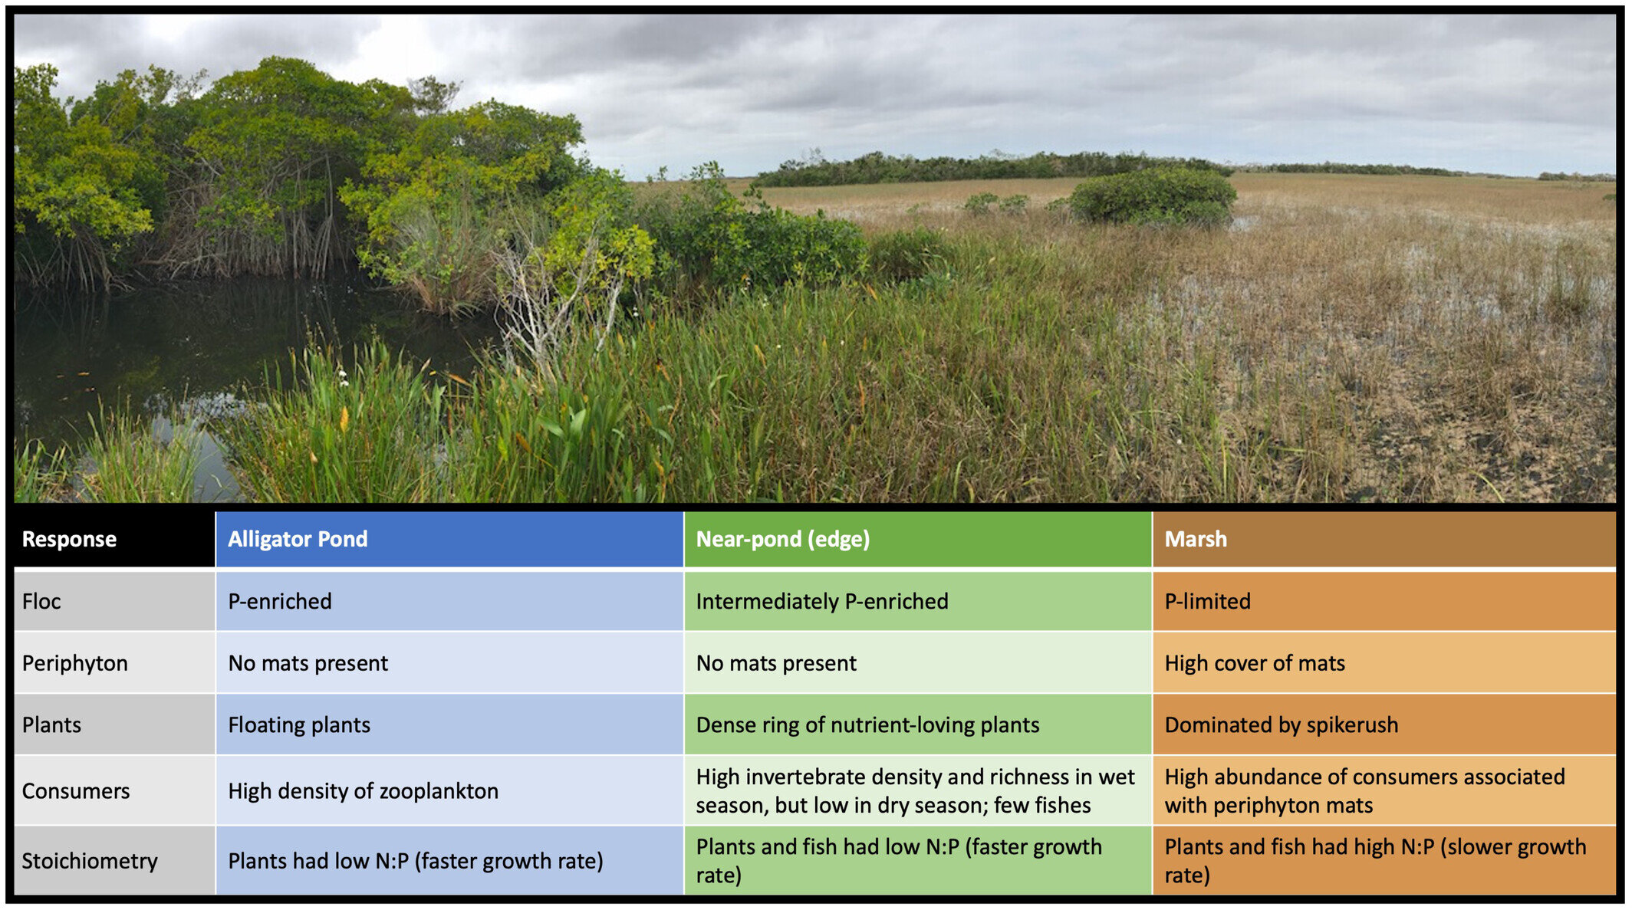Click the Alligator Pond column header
click(449, 539)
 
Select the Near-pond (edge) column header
click(918, 539)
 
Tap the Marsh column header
click(1384, 539)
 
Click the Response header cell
click(114, 539)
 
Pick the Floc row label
click(114, 601)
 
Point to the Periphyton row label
click(114, 663)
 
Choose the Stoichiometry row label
click(114, 861)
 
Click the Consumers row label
click(114, 790)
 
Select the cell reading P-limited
click(1384, 601)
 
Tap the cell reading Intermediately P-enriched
click(918, 601)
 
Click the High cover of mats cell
click(1384, 663)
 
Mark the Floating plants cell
click(449, 724)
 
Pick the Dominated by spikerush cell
click(1384, 724)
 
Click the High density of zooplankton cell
click(449, 790)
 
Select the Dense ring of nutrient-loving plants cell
click(918, 724)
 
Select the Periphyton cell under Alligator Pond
click(449, 663)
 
